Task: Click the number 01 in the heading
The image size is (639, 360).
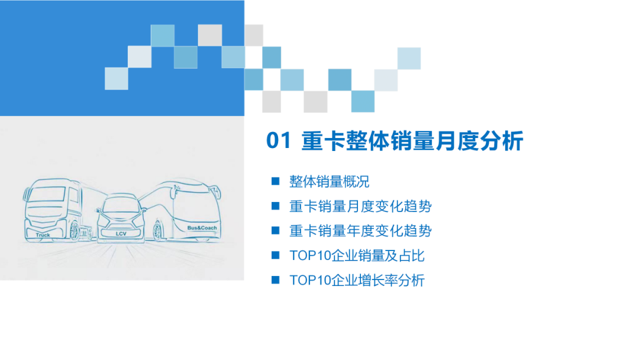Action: [279, 142]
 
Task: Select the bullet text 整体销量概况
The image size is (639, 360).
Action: [330, 181]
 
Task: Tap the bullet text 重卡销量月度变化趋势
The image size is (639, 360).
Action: [360, 206]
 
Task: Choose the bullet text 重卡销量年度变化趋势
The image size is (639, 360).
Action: [360, 231]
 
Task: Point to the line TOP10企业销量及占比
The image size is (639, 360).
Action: [357, 256]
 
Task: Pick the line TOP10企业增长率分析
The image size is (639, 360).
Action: [357, 280]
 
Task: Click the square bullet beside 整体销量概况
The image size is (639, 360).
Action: [275, 181]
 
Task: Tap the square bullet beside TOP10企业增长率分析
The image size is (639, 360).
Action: [275, 280]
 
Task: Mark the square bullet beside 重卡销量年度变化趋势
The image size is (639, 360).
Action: [275, 231]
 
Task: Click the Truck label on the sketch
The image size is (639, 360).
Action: [43, 235]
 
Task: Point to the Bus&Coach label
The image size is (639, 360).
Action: [202, 228]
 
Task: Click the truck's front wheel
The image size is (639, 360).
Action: [74, 231]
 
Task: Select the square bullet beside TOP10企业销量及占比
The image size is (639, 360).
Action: [275, 256]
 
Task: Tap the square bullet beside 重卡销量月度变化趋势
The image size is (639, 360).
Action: [275, 206]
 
